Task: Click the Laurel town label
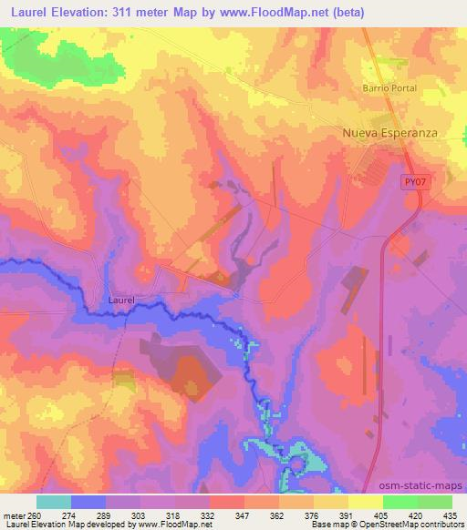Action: click(x=121, y=299)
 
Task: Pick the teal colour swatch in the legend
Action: click(x=54, y=502)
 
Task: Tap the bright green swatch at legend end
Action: click(x=434, y=502)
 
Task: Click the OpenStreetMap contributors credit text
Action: click(x=408, y=525)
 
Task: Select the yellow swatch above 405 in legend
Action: click(x=365, y=502)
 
